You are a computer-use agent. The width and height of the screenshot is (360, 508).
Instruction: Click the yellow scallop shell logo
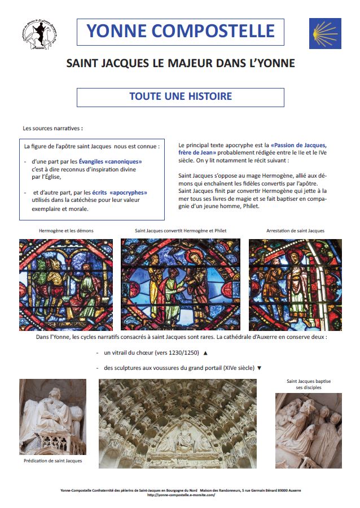point(325,33)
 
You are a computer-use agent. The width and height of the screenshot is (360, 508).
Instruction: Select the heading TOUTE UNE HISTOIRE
point(181,96)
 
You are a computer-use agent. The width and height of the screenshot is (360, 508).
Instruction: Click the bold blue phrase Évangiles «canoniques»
point(111,161)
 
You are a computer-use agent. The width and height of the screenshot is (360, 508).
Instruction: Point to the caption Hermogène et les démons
point(65,231)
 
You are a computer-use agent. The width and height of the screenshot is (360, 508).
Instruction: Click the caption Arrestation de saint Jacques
point(295,231)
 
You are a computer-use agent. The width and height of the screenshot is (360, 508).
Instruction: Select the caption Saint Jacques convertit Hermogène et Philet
point(180,231)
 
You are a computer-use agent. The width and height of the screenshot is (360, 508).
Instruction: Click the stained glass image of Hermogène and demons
point(65,284)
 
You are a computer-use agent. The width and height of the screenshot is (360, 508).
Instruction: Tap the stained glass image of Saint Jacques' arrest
point(295,284)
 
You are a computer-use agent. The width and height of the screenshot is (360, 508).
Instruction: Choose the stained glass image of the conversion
point(181,284)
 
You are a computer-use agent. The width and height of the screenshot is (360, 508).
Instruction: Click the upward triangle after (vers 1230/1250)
point(205,353)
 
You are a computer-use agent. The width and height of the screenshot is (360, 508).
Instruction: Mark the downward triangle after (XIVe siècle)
point(260,368)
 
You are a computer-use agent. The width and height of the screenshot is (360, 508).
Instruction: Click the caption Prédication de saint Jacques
point(53,461)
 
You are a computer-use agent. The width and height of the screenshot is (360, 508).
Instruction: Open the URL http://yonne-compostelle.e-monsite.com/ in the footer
point(181,495)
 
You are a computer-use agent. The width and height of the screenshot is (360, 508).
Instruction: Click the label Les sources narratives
point(49,129)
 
